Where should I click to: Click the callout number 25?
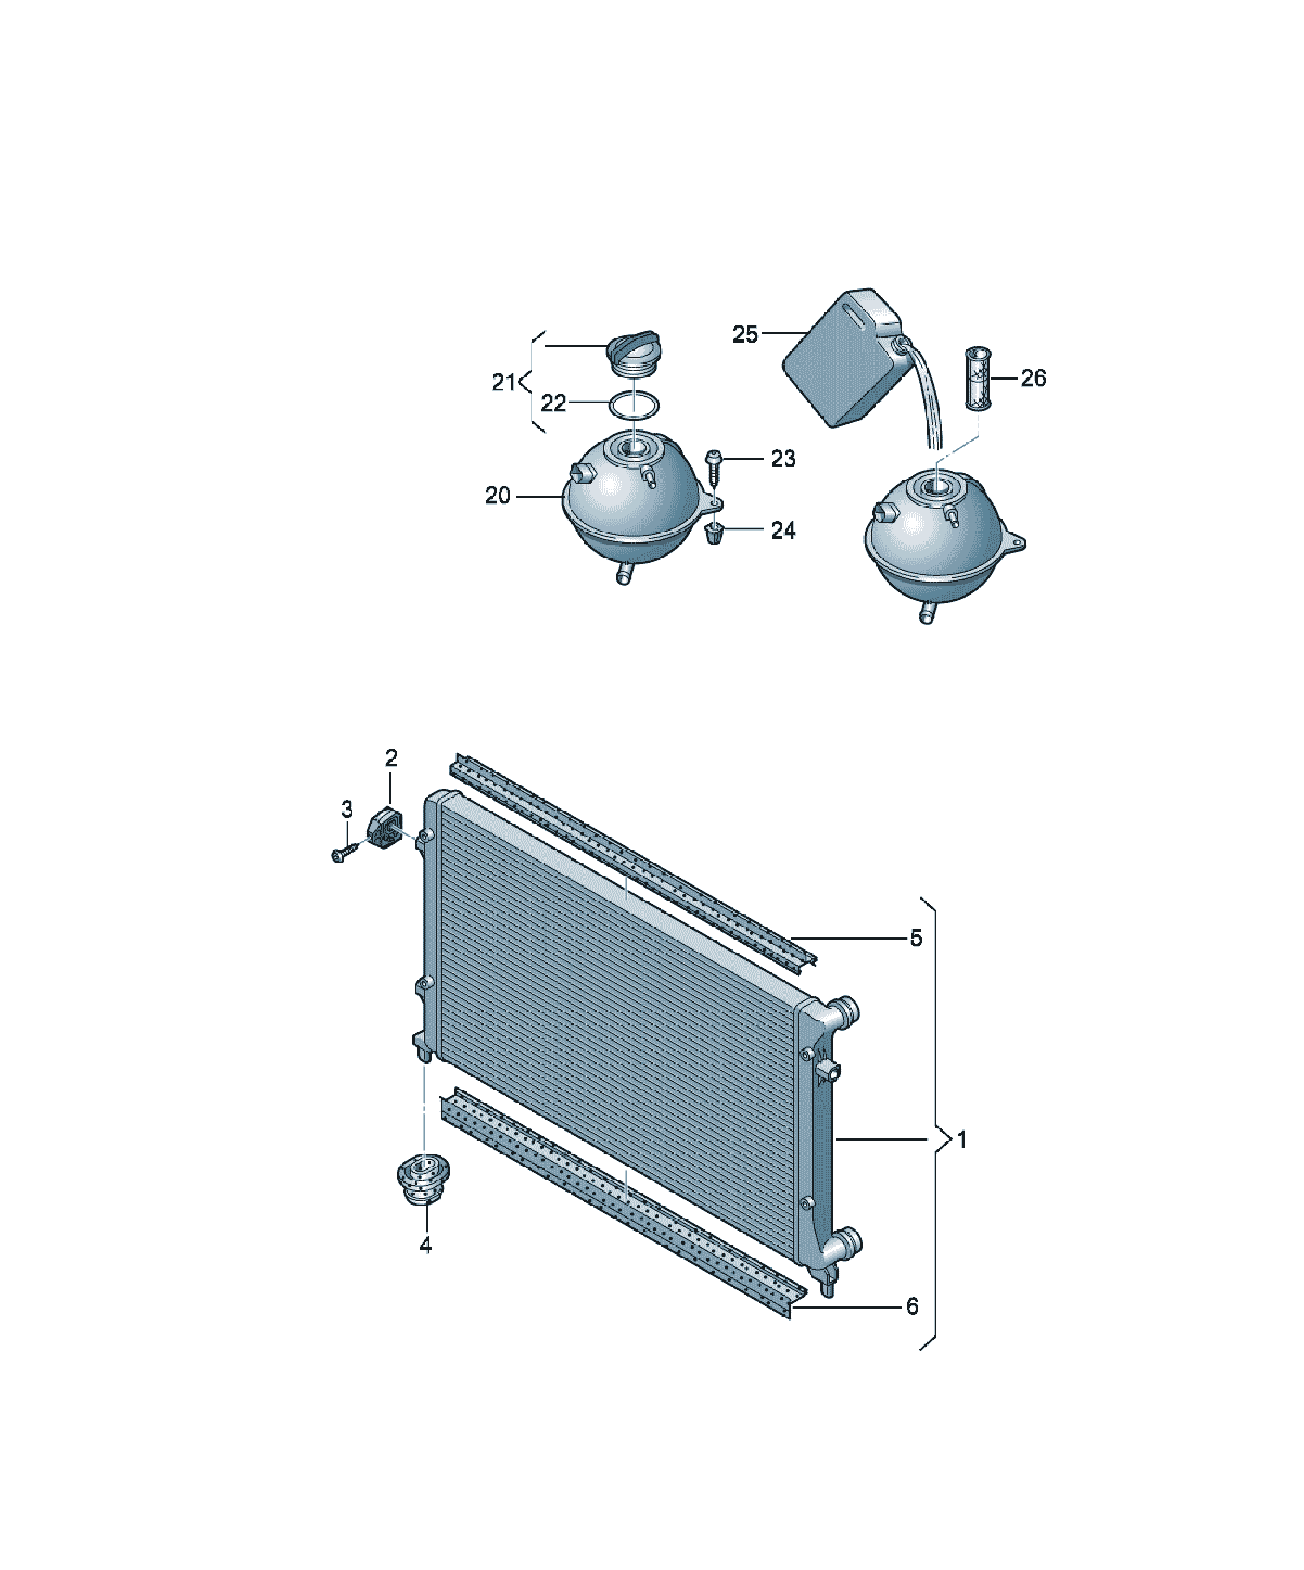point(745,334)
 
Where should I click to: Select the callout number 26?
point(1033,378)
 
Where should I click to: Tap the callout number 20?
point(498,496)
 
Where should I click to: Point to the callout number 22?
point(553,404)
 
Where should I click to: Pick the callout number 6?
point(912,1307)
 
